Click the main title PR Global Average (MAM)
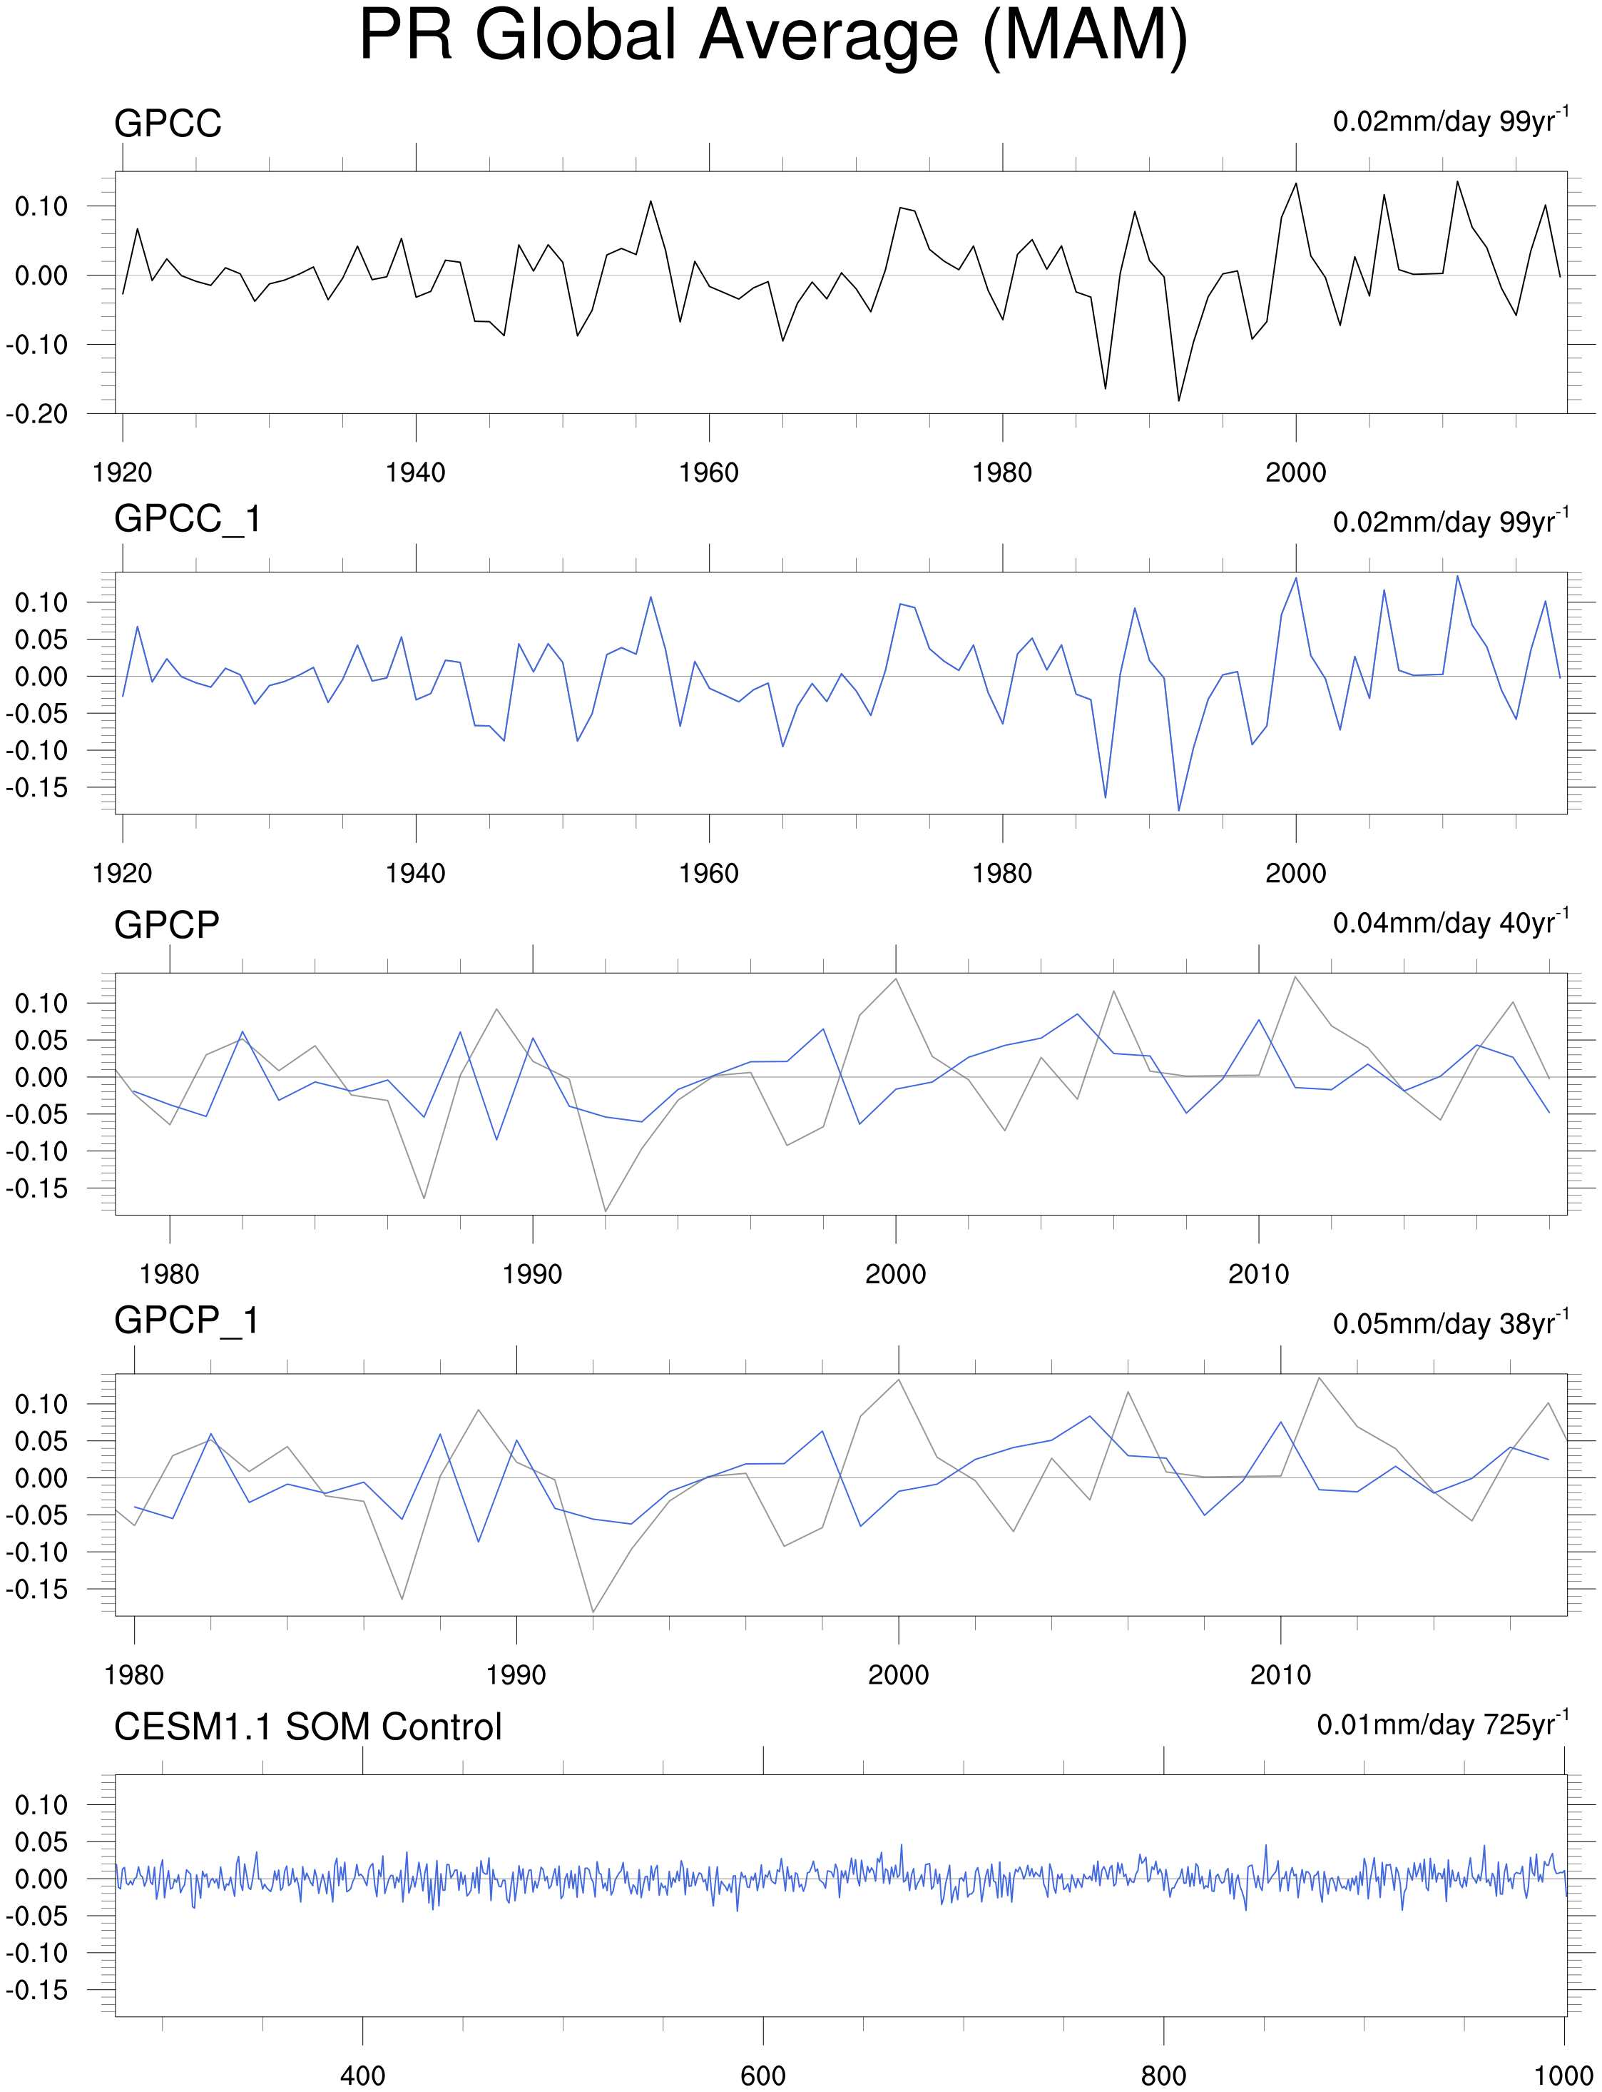click(x=772, y=36)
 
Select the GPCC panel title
click(x=168, y=124)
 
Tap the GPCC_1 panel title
click(x=187, y=520)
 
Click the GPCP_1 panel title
click(x=187, y=1321)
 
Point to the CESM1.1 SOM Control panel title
click(x=307, y=1727)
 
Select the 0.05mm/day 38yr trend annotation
click(x=1449, y=1323)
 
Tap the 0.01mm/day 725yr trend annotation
click(x=1442, y=1724)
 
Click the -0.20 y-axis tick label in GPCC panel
click(x=37, y=414)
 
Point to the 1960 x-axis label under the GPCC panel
click(x=708, y=473)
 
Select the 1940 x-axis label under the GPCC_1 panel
click(x=415, y=874)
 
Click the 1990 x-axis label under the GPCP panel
click(x=532, y=1275)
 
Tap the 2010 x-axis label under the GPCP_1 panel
click(x=1280, y=1675)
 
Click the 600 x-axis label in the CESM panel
click(x=763, y=2076)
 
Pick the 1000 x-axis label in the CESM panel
click(x=1564, y=2076)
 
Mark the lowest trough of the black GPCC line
click(x=1178, y=400)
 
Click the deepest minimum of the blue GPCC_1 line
click(x=1178, y=810)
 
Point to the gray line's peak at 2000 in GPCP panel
click(x=895, y=979)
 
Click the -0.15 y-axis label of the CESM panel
click(x=37, y=1990)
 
